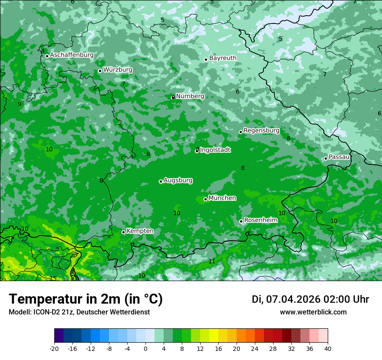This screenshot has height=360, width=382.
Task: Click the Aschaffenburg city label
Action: click(x=72, y=55)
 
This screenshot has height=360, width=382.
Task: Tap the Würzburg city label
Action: click(x=118, y=70)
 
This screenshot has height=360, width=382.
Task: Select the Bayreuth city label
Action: click(x=223, y=58)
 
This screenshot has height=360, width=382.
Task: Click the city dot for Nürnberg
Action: click(x=173, y=97)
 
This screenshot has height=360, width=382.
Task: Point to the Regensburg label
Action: click(x=261, y=131)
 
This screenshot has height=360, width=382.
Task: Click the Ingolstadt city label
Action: click(x=215, y=150)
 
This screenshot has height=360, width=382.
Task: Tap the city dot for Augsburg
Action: click(x=161, y=181)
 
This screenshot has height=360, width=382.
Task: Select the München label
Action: click(x=222, y=198)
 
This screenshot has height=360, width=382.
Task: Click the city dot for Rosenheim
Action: click(x=241, y=221)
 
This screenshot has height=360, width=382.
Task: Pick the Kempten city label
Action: click(x=140, y=231)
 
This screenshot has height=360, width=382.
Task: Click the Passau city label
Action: click(x=339, y=157)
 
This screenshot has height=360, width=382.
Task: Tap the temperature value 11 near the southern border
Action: click(x=212, y=261)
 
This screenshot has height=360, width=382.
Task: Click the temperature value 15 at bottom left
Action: click(x=53, y=278)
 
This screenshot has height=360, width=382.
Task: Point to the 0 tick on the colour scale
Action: click(x=145, y=348)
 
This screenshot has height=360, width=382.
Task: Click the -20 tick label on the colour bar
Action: click(x=54, y=348)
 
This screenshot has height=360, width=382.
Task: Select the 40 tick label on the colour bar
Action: click(x=328, y=348)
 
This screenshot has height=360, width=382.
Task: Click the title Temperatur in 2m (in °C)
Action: click(x=86, y=299)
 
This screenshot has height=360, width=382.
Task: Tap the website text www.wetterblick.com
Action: click(x=313, y=312)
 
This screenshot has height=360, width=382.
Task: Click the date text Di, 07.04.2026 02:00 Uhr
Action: click(x=310, y=299)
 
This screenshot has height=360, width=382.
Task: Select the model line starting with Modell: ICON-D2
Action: click(x=79, y=312)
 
